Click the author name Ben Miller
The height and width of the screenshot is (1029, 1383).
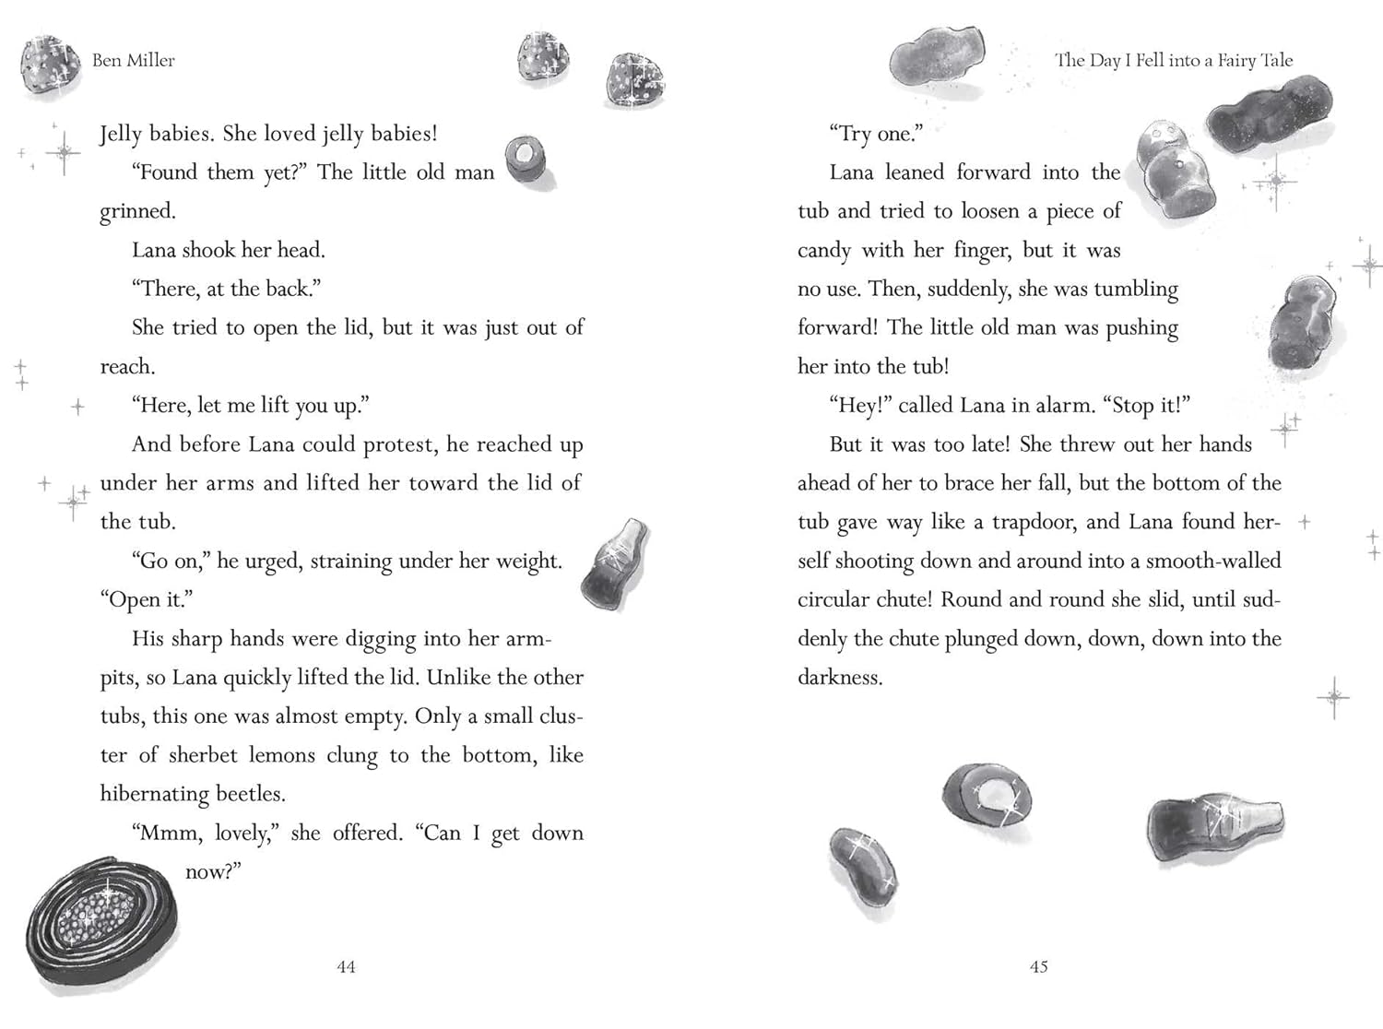click(133, 61)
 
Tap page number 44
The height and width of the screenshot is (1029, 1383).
click(346, 966)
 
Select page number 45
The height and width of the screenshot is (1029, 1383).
click(1038, 966)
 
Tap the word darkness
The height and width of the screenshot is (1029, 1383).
click(840, 678)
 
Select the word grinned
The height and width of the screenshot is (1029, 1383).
click(137, 211)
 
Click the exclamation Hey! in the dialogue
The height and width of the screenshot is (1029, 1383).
click(859, 406)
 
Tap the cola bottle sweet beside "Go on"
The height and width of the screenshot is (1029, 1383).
click(615, 564)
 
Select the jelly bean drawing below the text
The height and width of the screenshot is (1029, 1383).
click(864, 869)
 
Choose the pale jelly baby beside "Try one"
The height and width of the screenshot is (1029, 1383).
click(1175, 171)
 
